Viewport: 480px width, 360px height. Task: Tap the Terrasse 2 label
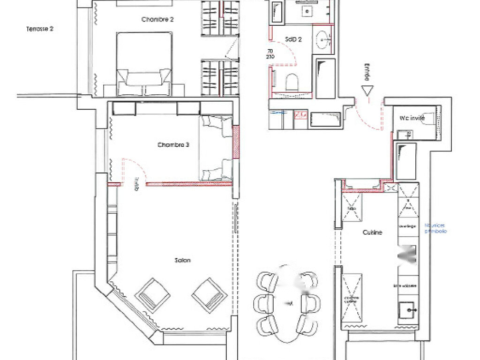point(40,29)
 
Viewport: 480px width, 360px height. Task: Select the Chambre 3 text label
point(173,145)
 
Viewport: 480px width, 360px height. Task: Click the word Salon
point(183,260)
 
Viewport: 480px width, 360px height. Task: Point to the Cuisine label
point(372,232)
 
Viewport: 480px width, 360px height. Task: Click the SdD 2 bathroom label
point(293,40)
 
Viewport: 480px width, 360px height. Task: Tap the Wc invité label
point(412,118)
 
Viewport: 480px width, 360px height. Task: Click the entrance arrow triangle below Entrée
point(367,90)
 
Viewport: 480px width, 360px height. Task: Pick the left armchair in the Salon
point(153,295)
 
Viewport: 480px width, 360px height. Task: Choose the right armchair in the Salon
point(210,295)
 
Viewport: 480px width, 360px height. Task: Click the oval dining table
point(287,304)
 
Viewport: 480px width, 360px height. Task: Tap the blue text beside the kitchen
point(435,228)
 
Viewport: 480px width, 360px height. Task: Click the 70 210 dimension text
point(270,54)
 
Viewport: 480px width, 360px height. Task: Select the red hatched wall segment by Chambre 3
point(236,142)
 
